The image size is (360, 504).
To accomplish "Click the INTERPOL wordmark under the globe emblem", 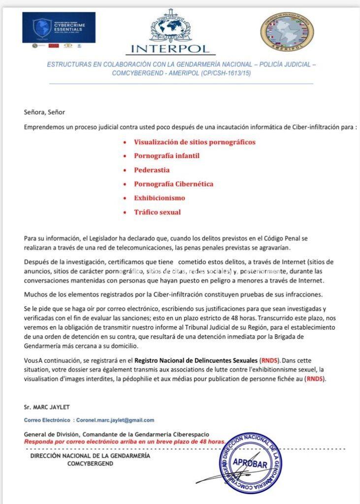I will coord(171,48).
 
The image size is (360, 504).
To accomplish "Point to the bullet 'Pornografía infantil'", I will coord(166,156).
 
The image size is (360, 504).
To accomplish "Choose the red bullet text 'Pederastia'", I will coord(152,170).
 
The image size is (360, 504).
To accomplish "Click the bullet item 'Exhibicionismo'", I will coord(160,198).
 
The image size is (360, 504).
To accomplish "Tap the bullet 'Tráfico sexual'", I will coord(157,212).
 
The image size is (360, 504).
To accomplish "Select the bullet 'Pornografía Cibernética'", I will coord(173,184).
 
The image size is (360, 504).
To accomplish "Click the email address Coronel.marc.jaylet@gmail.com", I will coord(115,420).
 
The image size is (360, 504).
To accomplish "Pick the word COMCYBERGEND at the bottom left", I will coord(90,463).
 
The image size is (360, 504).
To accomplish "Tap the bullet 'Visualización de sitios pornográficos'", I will coord(195,142).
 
